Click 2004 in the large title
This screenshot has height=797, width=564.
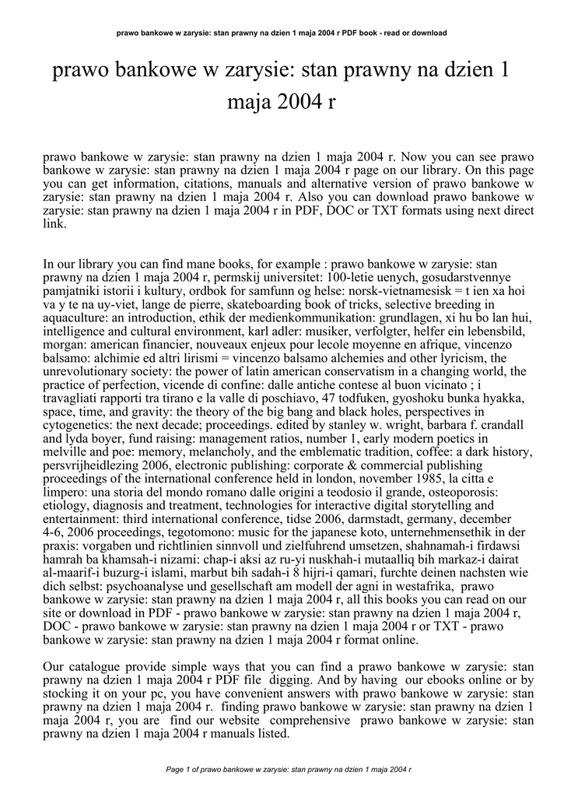294,102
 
